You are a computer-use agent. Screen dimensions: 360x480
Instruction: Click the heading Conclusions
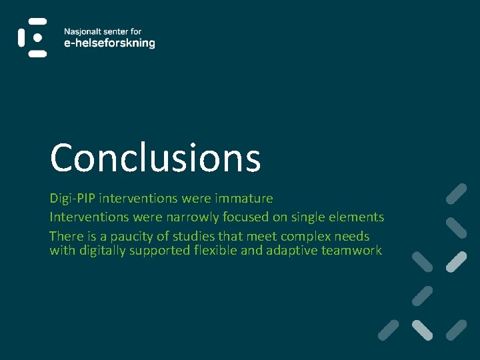point(155,158)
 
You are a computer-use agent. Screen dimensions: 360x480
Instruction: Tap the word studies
point(198,237)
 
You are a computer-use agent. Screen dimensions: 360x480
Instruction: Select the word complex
point(309,237)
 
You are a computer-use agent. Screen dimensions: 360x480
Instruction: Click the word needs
point(354,237)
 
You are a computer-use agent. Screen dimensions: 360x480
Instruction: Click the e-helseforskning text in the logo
point(109,43)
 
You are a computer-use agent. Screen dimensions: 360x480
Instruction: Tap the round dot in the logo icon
point(38,38)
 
